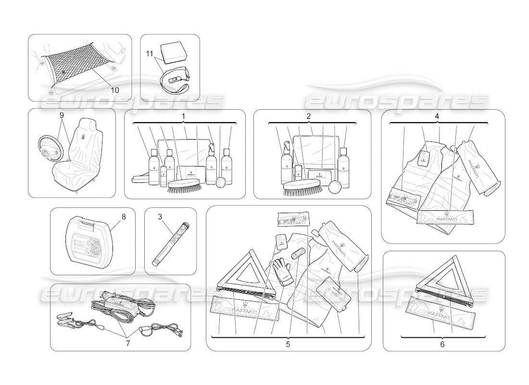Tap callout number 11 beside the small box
(x=150, y=54)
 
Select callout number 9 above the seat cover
(x=62, y=115)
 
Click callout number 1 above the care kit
(x=183, y=116)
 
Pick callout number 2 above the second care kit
(x=308, y=116)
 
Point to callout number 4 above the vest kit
(x=437, y=116)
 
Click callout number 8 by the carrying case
(x=124, y=217)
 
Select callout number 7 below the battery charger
(x=128, y=343)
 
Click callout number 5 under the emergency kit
(x=288, y=344)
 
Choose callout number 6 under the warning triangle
(x=442, y=344)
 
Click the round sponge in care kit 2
(x=334, y=186)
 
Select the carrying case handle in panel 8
(x=86, y=224)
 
